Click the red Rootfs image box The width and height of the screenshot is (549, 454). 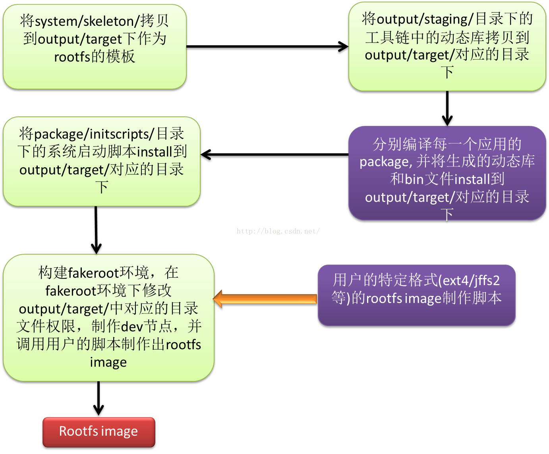pos(99,432)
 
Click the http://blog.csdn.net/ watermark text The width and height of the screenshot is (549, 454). pos(278,231)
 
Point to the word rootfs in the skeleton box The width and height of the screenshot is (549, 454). pos(72,57)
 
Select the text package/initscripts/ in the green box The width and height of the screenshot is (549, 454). pos(94,134)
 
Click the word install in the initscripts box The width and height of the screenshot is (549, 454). pos(154,152)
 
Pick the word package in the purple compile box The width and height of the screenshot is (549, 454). pos(384,162)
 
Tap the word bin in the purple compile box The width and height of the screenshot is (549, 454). pos(414,180)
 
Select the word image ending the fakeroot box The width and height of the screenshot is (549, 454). pos(108,362)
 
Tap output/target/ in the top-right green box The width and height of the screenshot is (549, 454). pos(410,55)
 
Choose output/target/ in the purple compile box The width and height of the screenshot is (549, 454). pos(410,197)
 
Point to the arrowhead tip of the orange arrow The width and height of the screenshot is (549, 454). pos(215,299)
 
